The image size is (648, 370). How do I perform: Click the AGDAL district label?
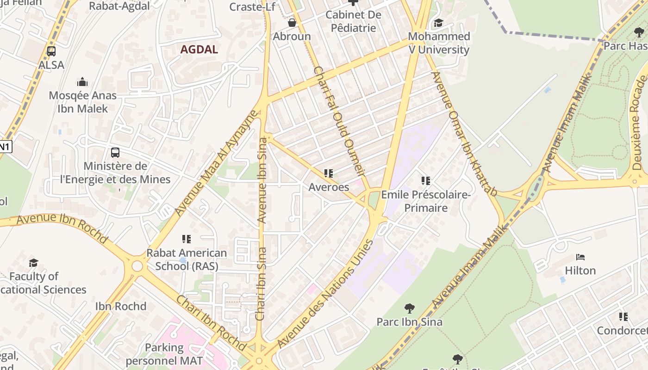[x=199, y=49]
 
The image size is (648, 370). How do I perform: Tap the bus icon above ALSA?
[x=51, y=51]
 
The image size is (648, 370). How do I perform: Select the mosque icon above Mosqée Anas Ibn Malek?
[x=82, y=82]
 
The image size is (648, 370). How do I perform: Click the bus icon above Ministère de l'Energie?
[x=115, y=152]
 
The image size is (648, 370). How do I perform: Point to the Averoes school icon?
[x=329, y=173]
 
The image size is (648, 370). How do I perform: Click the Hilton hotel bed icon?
[x=580, y=257]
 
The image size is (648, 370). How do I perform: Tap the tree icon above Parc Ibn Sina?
[x=409, y=308]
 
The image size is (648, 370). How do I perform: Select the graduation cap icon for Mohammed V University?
[x=438, y=23]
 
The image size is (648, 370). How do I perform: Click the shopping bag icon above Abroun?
[x=292, y=22]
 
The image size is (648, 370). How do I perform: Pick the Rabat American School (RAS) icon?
[x=187, y=239]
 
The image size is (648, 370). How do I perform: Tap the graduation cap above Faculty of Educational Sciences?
[x=34, y=263]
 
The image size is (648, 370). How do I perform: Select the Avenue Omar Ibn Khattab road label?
[x=464, y=134]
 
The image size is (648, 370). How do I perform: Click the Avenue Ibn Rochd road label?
[x=62, y=227]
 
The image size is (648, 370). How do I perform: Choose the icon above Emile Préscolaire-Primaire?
[x=426, y=181]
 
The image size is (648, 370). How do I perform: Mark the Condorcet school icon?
[x=623, y=317]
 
